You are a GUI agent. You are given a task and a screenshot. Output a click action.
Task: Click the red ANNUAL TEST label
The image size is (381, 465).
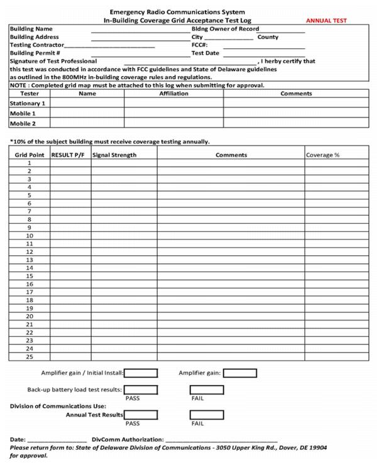[326, 21]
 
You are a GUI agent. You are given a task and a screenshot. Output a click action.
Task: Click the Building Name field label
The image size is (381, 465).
[31, 29]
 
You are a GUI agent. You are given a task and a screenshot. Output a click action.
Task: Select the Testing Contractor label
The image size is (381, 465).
[37, 45]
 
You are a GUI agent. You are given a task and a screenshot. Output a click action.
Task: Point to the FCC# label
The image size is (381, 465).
[199, 45]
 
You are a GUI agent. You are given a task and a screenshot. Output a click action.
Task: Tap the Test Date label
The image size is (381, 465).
[206, 53]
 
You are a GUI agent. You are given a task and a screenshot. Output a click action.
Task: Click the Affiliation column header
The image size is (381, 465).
[174, 94]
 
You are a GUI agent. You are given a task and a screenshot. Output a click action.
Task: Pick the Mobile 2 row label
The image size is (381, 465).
[23, 124]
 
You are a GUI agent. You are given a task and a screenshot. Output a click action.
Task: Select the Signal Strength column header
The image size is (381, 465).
[114, 155]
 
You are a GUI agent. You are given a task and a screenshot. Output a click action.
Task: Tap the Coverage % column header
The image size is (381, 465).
[323, 155]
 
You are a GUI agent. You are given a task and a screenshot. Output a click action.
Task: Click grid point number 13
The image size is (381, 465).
[29, 260]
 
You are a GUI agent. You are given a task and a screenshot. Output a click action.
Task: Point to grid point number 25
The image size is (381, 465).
[29, 356]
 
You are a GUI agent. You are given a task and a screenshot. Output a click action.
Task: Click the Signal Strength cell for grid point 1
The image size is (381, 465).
[124, 163]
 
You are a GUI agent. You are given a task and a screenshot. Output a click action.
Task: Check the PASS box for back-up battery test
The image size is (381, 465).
[141, 390]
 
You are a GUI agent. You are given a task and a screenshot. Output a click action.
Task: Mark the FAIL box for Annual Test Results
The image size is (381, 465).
[207, 415]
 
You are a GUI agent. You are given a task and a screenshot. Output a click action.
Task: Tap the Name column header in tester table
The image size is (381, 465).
[87, 94]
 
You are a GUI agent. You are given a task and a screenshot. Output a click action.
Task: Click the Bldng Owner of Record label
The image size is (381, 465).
[225, 29]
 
